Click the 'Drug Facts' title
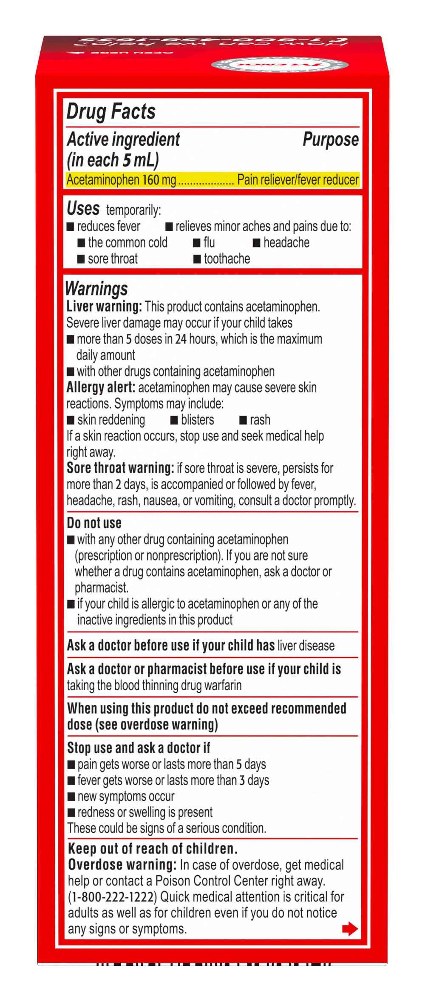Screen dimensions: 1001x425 [x=111, y=111]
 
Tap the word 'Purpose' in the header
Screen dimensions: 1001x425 [x=330, y=139]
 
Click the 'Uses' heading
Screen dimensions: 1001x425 [x=83, y=208]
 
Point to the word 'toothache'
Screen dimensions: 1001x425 [x=227, y=258]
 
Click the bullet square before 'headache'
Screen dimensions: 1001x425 [x=256, y=243]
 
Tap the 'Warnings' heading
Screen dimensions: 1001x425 [x=96, y=289]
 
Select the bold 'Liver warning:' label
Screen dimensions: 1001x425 [x=104, y=306]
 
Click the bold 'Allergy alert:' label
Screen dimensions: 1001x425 [x=101, y=387]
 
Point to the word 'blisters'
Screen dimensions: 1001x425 [x=197, y=420]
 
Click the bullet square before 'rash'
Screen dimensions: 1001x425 [x=243, y=420]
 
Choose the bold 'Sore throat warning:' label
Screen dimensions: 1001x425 [x=120, y=468]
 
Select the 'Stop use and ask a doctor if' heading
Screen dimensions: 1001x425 [x=139, y=748]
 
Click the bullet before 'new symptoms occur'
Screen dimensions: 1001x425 [x=71, y=797]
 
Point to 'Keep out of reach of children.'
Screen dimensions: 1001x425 [x=153, y=849]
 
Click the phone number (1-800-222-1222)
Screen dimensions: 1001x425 [x=112, y=897]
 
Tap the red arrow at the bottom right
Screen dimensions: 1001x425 [x=349, y=929]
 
